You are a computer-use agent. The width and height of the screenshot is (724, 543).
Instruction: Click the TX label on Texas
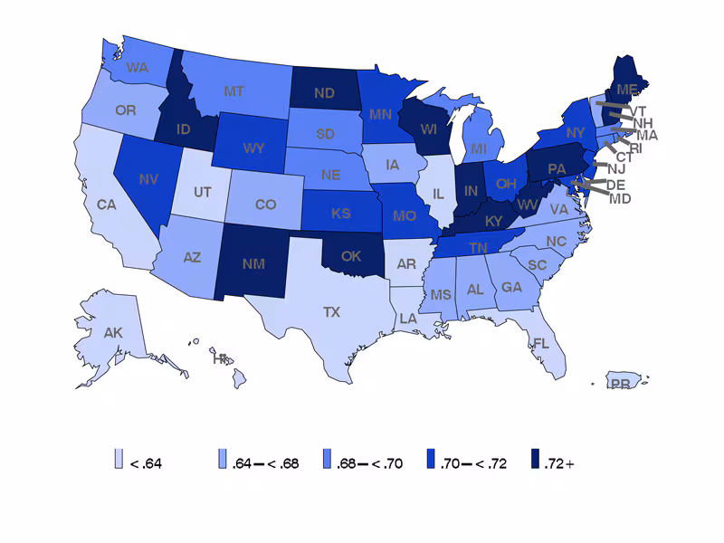332,311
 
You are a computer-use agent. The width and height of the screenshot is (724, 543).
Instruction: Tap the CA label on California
107,205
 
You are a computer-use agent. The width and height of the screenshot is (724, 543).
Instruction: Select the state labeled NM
255,263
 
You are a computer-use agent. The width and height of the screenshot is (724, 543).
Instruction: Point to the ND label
324,92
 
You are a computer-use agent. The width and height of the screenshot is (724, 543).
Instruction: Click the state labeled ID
183,129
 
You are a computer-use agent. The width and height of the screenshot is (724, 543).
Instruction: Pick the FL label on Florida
541,344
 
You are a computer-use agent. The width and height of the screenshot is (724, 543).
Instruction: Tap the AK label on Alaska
113,333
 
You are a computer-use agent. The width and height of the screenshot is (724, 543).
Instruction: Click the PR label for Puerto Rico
620,384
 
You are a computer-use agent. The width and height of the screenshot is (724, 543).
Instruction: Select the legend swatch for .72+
535,462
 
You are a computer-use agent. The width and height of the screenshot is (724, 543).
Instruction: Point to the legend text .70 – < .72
473,463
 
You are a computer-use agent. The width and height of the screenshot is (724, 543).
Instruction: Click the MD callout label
620,198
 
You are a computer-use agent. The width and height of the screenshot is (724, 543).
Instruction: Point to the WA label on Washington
138,67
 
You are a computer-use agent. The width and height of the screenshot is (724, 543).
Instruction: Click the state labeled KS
341,214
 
